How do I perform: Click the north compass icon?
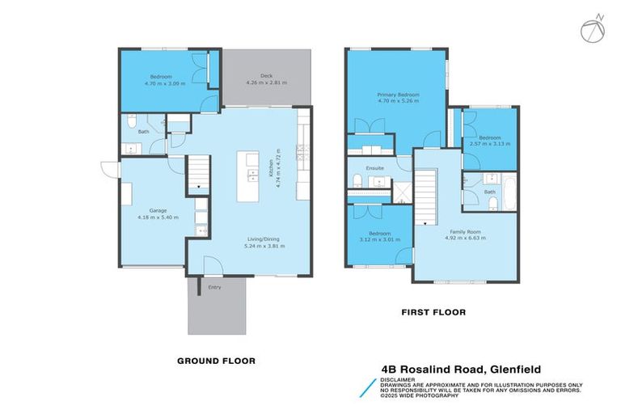point(592,28)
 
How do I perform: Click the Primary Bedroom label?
point(398,95)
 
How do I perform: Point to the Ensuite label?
point(375,167)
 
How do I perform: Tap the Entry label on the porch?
point(214,286)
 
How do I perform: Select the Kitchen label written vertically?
point(268,168)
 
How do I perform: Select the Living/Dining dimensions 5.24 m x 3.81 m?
point(265,245)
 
